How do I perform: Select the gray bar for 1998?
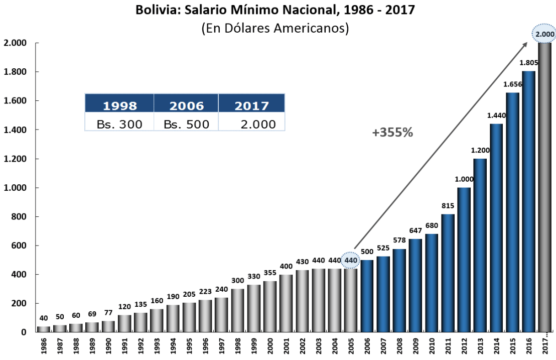click(x=238, y=310)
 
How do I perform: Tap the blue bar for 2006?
click(x=367, y=296)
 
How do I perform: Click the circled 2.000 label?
click(x=544, y=34)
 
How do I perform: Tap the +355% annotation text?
click(x=392, y=133)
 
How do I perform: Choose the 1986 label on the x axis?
click(x=44, y=346)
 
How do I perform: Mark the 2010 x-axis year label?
click(x=432, y=346)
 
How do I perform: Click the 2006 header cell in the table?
click(x=186, y=106)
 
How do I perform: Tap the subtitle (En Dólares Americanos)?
click(x=275, y=28)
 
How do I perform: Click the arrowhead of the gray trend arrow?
click(x=525, y=44)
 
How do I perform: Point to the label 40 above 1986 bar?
click(x=44, y=318)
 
